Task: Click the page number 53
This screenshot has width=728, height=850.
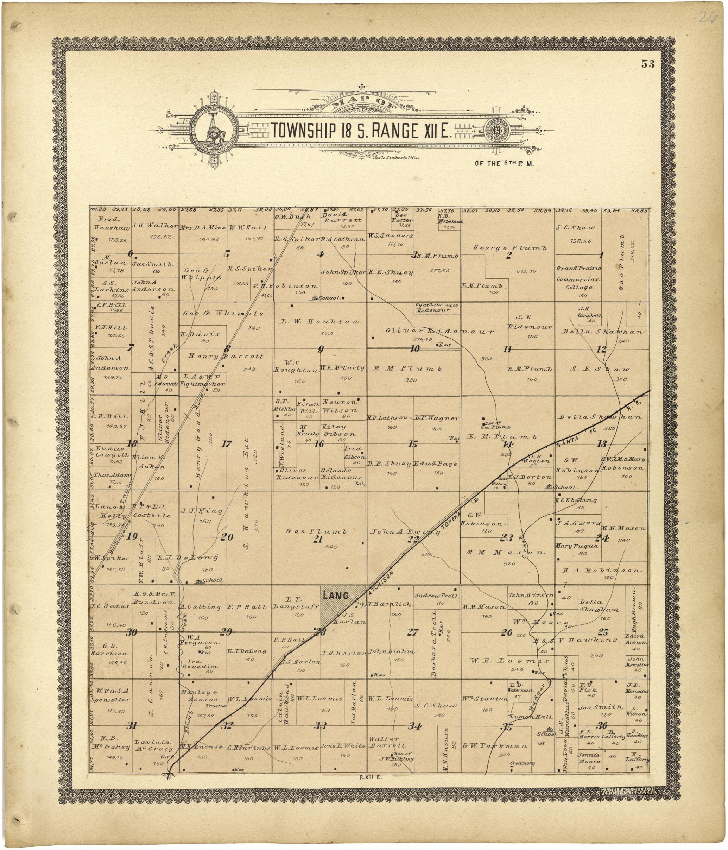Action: (648, 64)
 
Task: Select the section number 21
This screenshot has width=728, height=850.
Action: (317, 539)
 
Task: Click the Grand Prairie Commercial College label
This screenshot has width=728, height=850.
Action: (578, 278)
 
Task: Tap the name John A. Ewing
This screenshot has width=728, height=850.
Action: (405, 532)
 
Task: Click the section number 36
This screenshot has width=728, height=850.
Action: (601, 726)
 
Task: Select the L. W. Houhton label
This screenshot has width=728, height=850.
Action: (320, 321)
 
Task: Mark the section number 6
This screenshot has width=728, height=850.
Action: (131, 253)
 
